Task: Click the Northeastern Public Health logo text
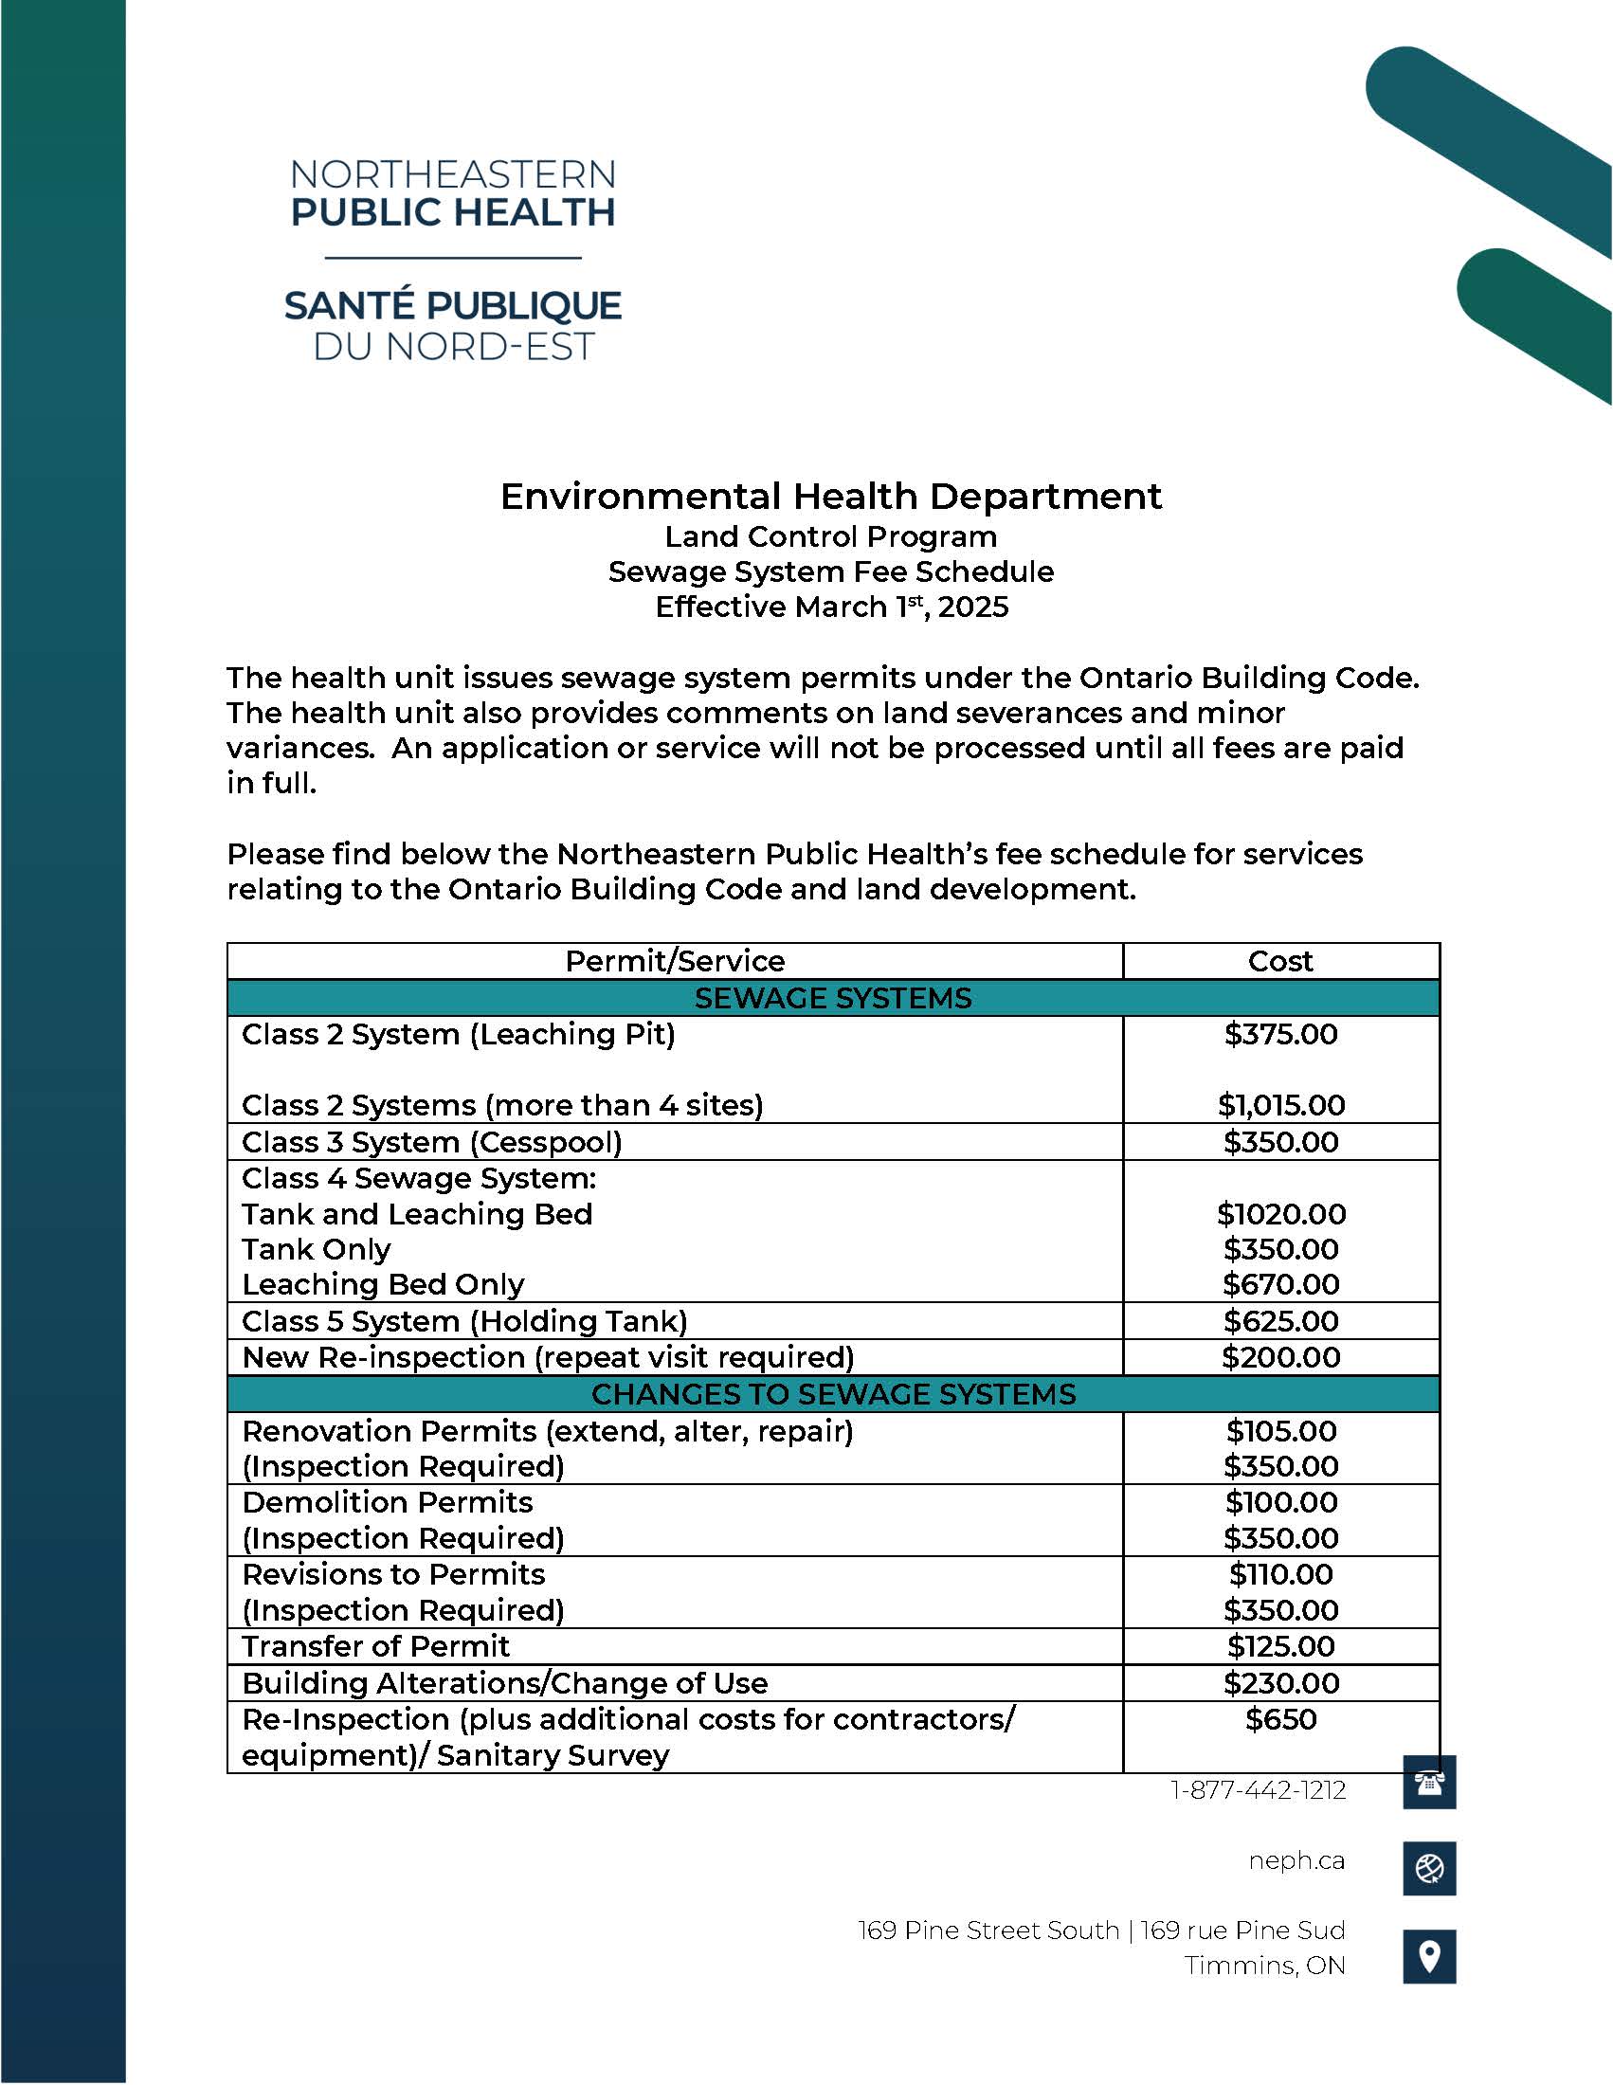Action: coord(452,193)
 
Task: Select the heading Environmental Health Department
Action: coord(830,497)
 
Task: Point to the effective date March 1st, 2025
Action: coord(831,607)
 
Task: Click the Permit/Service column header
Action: coord(675,961)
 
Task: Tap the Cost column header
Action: coord(1280,961)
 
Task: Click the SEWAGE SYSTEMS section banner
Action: coord(832,998)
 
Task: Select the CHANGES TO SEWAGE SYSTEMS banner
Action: coord(832,1394)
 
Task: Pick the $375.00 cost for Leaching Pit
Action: coord(1281,1034)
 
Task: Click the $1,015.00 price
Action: coord(1281,1105)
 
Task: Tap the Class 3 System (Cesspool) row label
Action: coord(431,1142)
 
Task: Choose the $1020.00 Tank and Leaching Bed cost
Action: coord(1281,1214)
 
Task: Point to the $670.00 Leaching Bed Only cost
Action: coord(1281,1284)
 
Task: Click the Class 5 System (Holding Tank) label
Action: coord(463,1321)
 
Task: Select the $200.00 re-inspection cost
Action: coord(1281,1357)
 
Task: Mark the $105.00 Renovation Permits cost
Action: coord(1281,1431)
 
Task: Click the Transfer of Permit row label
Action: coord(375,1646)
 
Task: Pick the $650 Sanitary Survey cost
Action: coord(1281,1719)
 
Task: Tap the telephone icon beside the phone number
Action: coord(1429,1783)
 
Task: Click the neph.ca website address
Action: coord(1296,1860)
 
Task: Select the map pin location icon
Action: coord(1429,1956)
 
